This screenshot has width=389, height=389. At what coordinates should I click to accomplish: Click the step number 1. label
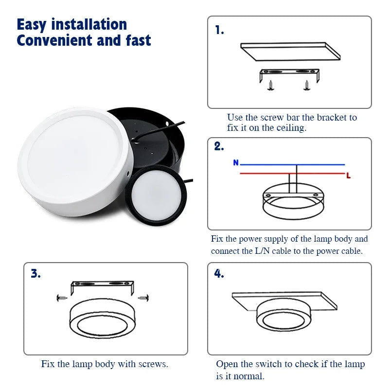[x=219, y=31]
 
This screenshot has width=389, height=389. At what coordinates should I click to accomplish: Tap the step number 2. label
[x=219, y=147]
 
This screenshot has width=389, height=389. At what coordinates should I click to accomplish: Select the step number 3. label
[x=36, y=273]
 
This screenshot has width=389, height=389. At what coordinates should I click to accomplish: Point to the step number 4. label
[x=219, y=273]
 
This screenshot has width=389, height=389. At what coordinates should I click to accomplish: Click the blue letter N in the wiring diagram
[x=236, y=163]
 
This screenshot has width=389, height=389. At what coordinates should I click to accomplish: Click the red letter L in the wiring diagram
[x=348, y=176]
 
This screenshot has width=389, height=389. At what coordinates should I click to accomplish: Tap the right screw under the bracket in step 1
[x=306, y=86]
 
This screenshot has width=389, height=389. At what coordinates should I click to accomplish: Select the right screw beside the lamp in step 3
[x=143, y=297]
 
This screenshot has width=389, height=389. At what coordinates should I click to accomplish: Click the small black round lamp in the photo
[x=156, y=189]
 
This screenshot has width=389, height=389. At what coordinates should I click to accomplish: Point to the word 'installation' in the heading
[x=89, y=24]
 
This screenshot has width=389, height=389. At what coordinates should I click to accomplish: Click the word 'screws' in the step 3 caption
[x=153, y=364]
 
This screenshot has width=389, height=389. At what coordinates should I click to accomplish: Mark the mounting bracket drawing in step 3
[x=102, y=287]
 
